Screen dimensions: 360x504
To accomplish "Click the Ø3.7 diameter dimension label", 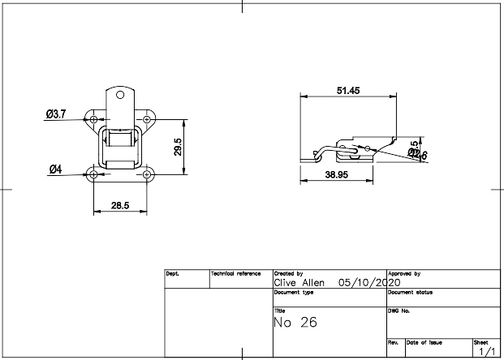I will pyautogui.click(x=55, y=114).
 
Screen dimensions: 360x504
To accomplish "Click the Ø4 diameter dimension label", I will pyautogui.click(x=55, y=169).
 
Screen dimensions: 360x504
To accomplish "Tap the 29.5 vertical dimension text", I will pyautogui.click(x=177, y=147).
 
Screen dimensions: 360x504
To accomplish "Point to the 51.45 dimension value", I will pyautogui.click(x=348, y=90).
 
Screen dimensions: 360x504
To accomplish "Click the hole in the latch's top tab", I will pyautogui.click(x=120, y=95).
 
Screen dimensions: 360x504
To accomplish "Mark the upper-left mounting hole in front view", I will pyautogui.click(x=94, y=120).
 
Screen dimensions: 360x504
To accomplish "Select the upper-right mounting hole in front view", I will pyautogui.click(x=147, y=120).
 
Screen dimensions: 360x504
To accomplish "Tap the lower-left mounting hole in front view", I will pyautogui.click(x=94, y=174).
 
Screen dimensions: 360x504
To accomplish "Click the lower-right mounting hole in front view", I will pyautogui.click(x=147, y=174).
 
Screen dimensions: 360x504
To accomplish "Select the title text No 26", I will pyautogui.click(x=295, y=323).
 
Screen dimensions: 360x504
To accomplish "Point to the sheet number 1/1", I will pyautogui.click(x=486, y=352).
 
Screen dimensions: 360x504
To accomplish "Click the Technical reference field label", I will pyautogui.click(x=236, y=274).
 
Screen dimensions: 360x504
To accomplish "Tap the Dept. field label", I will pyautogui.click(x=173, y=274).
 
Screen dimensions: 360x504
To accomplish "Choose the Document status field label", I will pyautogui.click(x=413, y=291).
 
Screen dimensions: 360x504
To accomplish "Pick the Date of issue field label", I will pyautogui.click(x=424, y=343).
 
